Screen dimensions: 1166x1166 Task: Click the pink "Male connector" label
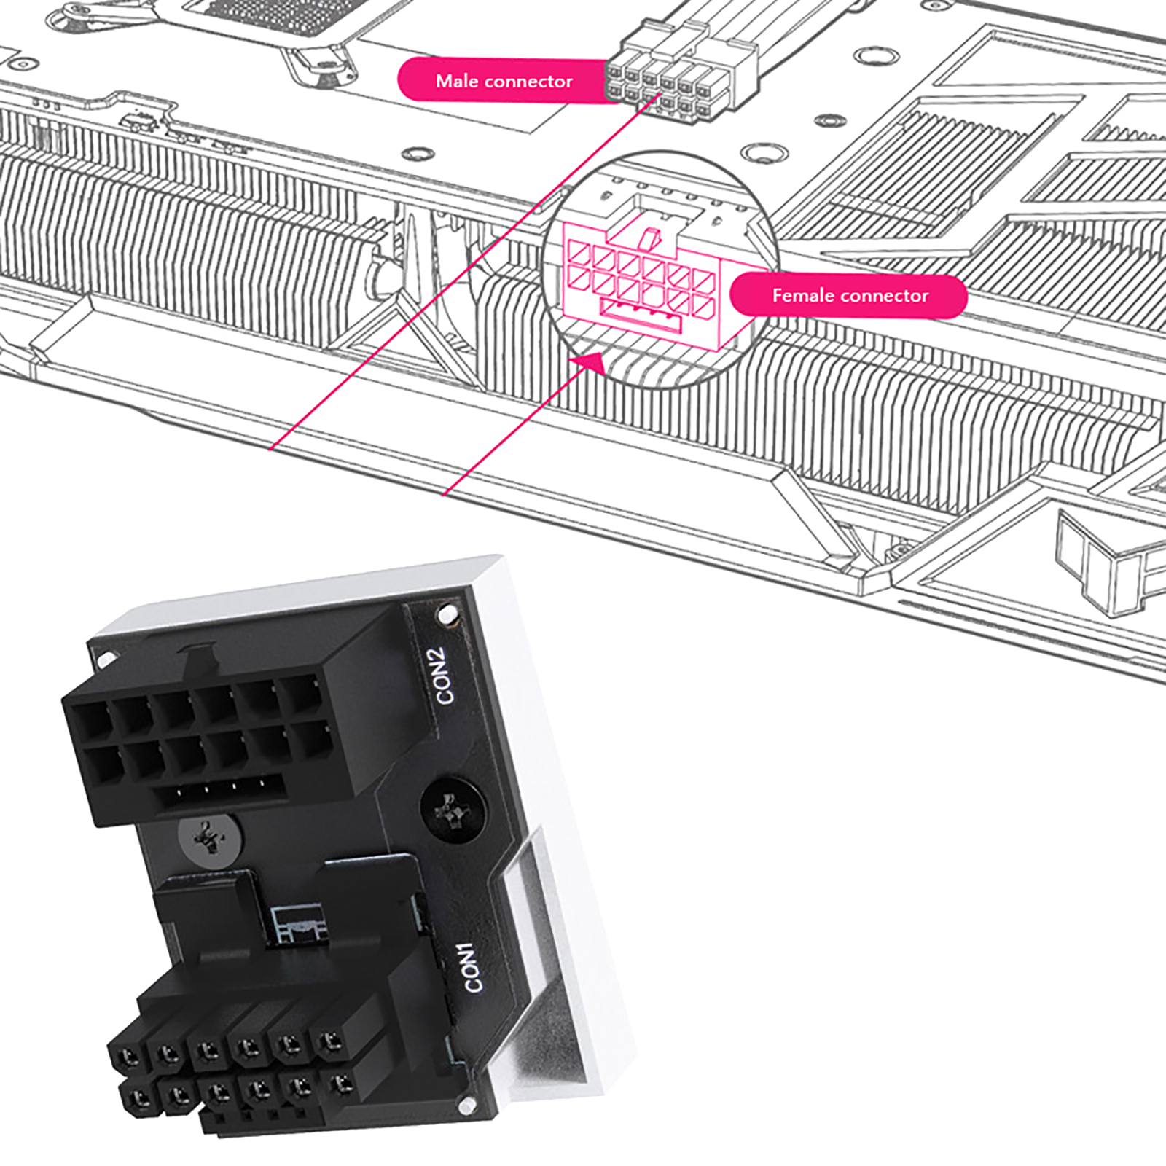click(x=504, y=80)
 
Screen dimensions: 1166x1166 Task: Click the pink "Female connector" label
click(x=850, y=295)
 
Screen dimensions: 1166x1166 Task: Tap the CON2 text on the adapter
click(x=444, y=676)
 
